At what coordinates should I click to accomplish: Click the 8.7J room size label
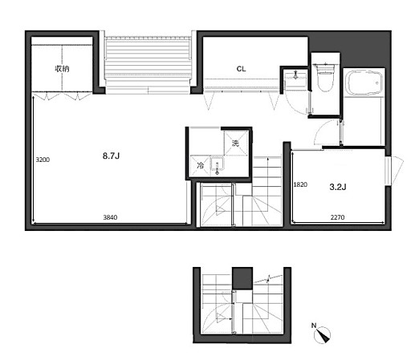pyautogui.click(x=111, y=156)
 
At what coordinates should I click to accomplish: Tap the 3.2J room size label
pyautogui.click(x=338, y=187)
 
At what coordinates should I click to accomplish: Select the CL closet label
pyautogui.click(x=241, y=69)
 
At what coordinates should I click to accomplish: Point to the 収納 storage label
pyautogui.click(x=62, y=69)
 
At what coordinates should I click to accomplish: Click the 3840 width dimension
pyautogui.click(x=110, y=217)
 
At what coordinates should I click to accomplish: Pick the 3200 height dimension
pyautogui.click(x=43, y=160)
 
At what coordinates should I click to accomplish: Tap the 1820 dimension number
pyautogui.click(x=300, y=184)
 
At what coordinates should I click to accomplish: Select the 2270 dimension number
pyautogui.click(x=337, y=217)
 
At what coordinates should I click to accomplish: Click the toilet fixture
pyautogui.click(x=325, y=77)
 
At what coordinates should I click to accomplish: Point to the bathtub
pyautogui.click(x=364, y=83)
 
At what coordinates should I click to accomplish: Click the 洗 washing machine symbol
pyautogui.click(x=235, y=143)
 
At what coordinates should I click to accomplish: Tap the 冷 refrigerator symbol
pyautogui.click(x=200, y=165)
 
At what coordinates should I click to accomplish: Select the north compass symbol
pyautogui.click(x=323, y=335)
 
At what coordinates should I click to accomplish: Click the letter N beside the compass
pyautogui.click(x=314, y=326)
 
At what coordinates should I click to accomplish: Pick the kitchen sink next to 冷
pyautogui.click(x=218, y=166)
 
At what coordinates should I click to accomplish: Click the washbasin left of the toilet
pyautogui.click(x=295, y=79)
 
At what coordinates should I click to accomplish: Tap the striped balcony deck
pyautogui.click(x=148, y=66)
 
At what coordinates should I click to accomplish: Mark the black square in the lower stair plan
pyautogui.click(x=242, y=278)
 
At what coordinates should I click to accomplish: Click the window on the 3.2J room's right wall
pyautogui.click(x=388, y=171)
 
